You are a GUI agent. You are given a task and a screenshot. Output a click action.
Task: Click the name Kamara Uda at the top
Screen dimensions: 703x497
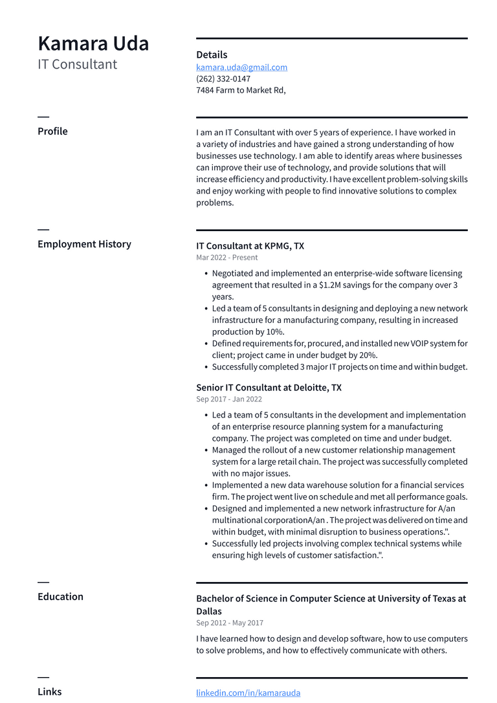pos(93,43)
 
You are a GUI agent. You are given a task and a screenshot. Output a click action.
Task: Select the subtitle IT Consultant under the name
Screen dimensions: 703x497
pos(77,64)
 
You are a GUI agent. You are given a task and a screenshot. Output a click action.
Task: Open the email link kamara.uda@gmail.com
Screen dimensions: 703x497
pos(241,67)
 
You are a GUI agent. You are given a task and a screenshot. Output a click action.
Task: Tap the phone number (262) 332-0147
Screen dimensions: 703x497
pos(223,79)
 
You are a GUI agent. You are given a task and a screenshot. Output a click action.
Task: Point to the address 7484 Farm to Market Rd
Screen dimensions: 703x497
pos(241,91)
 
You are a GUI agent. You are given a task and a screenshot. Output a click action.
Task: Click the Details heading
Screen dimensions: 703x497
pos(212,55)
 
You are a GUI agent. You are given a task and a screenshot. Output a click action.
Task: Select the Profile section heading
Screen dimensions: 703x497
pos(52,131)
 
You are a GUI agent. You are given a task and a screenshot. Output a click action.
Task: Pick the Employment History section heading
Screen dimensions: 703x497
pos(84,244)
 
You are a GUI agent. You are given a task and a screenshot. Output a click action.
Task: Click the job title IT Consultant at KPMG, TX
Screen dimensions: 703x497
pos(250,246)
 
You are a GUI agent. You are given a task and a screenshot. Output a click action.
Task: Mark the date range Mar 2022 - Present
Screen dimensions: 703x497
pos(226,258)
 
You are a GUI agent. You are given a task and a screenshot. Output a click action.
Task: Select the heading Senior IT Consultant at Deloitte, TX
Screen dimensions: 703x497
pos(269,388)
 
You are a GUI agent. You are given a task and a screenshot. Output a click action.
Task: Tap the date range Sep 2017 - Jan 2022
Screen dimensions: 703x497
pos(229,399)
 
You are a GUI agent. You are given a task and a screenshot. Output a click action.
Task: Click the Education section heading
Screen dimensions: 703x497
pos(60,597)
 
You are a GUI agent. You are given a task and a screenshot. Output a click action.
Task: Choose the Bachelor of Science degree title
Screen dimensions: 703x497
pos(331,599)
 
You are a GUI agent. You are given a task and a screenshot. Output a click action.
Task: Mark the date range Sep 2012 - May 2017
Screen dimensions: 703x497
pos(230,623)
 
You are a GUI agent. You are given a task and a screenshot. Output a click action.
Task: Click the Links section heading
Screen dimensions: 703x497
pos(50,691)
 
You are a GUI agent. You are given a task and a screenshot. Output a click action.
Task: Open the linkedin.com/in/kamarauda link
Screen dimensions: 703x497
pos(248,693)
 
